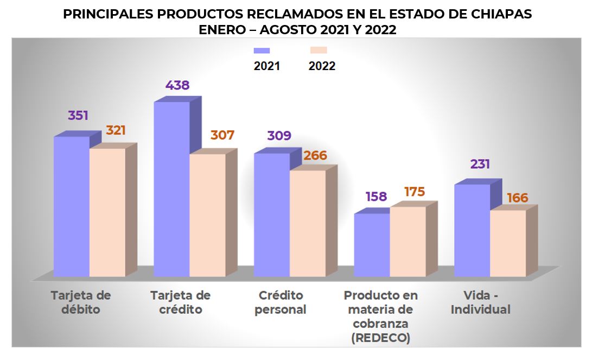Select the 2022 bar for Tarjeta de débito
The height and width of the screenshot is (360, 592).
point(107,212)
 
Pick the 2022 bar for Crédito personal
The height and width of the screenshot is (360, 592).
point(308,223)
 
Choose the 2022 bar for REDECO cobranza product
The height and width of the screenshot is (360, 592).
point(408,242)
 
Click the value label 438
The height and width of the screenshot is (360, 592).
point(178,85)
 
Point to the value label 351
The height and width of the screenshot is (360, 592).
point(78,116)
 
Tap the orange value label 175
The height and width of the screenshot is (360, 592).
point(414,192)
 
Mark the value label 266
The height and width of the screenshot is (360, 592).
point(315,156)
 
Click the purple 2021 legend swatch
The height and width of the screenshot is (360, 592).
point(262,50)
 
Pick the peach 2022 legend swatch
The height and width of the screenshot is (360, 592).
point(318,50)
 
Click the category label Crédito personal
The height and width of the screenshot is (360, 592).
point(281,302)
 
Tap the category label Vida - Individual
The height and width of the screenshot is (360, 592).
point(487,302)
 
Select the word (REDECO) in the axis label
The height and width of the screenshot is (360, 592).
point(380,338)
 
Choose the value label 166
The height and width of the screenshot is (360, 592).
point(517,198)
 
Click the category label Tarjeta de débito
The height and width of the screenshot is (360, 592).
point(81,302)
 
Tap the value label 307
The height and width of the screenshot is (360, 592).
point(222,135)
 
